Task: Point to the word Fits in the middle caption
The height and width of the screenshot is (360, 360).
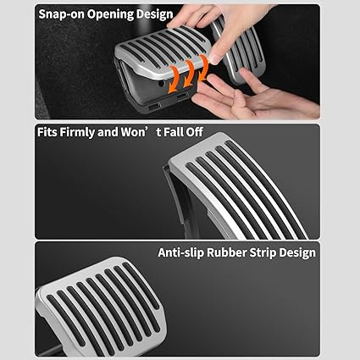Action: [47, 132]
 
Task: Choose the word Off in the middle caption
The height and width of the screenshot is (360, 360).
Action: [194, 132]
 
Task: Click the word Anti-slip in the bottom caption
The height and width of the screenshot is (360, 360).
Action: [180, 252]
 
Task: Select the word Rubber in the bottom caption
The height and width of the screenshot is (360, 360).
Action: [224, 252]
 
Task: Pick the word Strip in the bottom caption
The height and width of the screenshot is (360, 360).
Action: [259, 252]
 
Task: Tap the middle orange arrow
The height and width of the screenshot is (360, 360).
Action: [189, 74]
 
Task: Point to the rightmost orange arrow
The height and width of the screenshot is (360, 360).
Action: [203, 68]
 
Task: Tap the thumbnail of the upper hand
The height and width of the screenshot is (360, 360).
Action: [213, 58]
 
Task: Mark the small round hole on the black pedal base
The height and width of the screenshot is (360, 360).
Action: [161, 84]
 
